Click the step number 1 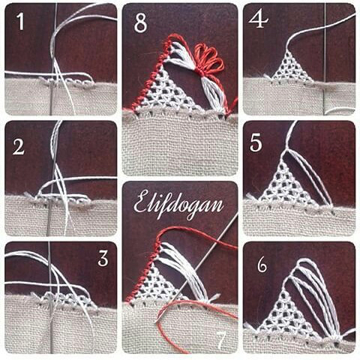coord(20,22)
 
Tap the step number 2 coord(19,147)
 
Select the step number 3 coord(103,259)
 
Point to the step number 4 coord(259,19)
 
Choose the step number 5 coord(256,143)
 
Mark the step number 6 coord(262,265)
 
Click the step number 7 coord(221,340)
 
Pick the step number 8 coord(140,23)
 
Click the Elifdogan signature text coord(178,205)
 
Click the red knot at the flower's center coord(200,73)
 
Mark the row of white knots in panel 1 coord(66,80)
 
